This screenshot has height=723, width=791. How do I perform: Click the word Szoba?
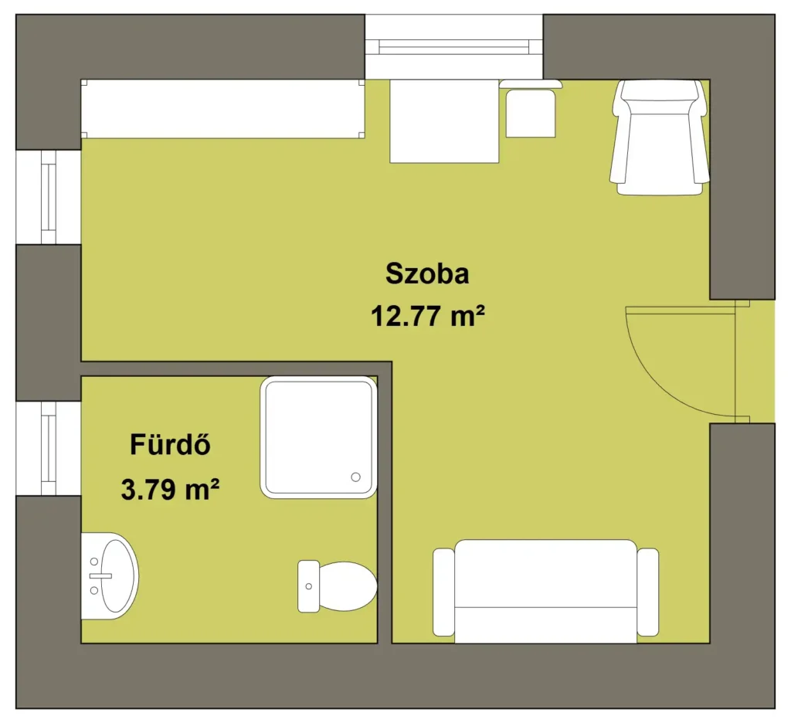(427, 273)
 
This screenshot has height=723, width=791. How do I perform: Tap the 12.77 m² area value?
(428, 317)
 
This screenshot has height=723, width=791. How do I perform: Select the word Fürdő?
(170, 444)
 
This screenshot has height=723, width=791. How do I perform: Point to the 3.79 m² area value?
(170, 489)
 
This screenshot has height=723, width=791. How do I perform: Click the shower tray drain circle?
(355, 477)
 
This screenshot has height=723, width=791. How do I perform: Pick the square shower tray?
(318, 437)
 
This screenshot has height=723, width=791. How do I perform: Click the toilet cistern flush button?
(309, 586)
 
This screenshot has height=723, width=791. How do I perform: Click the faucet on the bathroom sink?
(100, 575)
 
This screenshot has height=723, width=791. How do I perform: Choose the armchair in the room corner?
(660, 137)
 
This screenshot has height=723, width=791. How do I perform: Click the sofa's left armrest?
(444, 592)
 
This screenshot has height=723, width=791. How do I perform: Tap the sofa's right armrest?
(648, 592)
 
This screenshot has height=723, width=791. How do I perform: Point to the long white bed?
(223, 108)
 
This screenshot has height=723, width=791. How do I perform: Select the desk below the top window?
(444, 121)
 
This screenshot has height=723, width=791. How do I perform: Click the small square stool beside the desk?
(531, 113)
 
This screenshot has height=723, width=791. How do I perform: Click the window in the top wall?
(454, 47)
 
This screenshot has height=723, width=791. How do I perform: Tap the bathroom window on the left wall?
(49, 449)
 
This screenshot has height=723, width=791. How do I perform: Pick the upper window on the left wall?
(49, 197)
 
